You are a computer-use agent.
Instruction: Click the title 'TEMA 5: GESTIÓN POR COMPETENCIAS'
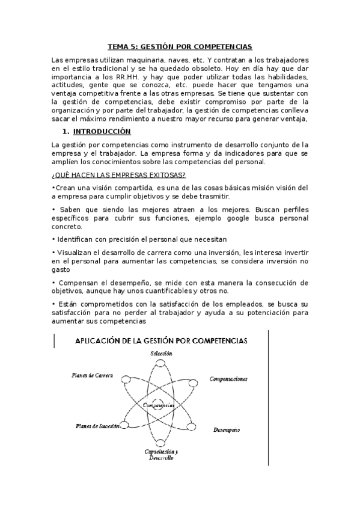180,46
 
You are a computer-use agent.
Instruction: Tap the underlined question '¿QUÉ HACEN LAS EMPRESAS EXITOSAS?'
119,175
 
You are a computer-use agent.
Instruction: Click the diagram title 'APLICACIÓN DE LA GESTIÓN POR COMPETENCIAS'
160,340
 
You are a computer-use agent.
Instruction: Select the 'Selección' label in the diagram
162,354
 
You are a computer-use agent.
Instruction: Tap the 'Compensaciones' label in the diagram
228,379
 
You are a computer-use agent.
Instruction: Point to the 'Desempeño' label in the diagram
227,431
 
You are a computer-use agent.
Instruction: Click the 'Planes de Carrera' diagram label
92,375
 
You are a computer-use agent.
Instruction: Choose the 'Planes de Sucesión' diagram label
97,426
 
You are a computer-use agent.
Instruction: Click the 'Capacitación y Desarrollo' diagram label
160,455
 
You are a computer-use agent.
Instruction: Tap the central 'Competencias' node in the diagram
159,405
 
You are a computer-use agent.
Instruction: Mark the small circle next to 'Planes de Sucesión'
125,426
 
